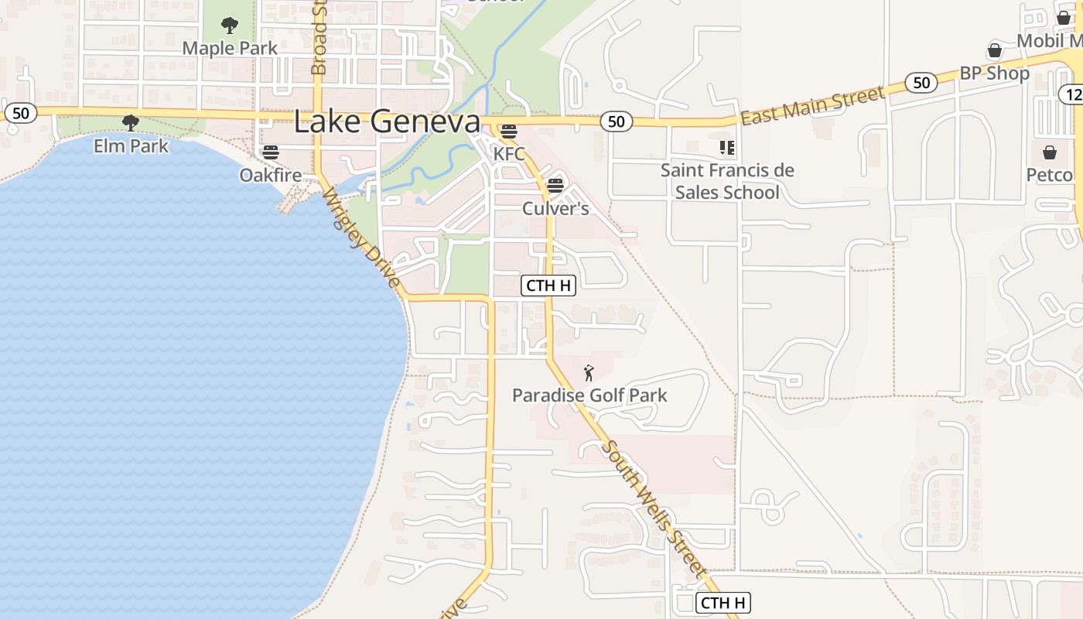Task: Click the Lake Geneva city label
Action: coord(387,121)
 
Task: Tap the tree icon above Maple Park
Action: coord(230,26)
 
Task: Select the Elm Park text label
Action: coord(131,145)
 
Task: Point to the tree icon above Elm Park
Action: coord(131,122)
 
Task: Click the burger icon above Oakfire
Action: coord(270,152)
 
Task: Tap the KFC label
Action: coord(509,154)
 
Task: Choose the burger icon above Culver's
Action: coord(555,186)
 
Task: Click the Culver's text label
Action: coord(555,208)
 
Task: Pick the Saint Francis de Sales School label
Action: coord(727,181)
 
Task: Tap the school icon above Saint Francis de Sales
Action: coord(726,147)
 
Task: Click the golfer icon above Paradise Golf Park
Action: coord(589,373)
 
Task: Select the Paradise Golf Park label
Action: coord(589,395)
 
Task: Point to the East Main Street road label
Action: coord(812,106)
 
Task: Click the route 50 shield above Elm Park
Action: coord(21,113)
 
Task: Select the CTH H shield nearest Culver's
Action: coord(548,286)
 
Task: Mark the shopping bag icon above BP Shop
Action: coord(995,51)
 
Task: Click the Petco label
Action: coord(1049,175)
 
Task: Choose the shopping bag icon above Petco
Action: coord(1050,152)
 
